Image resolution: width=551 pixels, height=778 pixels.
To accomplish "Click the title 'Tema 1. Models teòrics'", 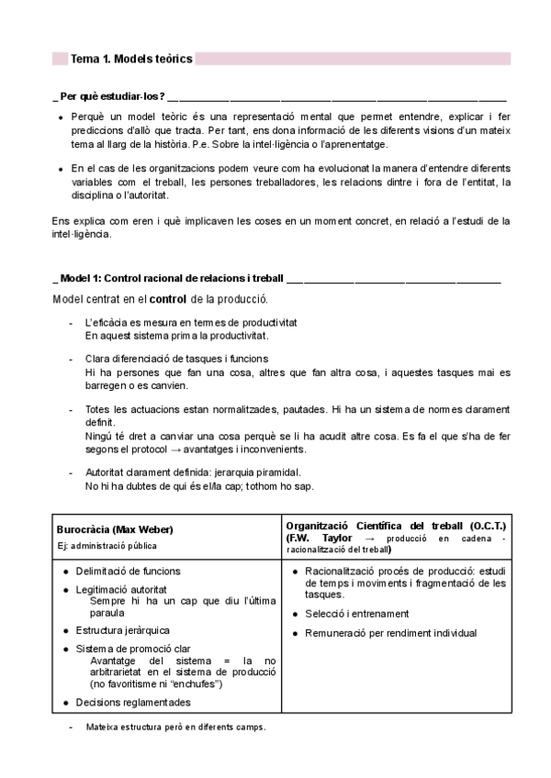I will [x=131, y=59].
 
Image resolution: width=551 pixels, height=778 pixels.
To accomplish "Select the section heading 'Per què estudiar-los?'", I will [x=111, y=96].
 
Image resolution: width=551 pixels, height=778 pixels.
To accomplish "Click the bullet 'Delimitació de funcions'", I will [x=128, y=571].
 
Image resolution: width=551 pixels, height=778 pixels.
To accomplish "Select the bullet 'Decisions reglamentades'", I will [x=133, y=703].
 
